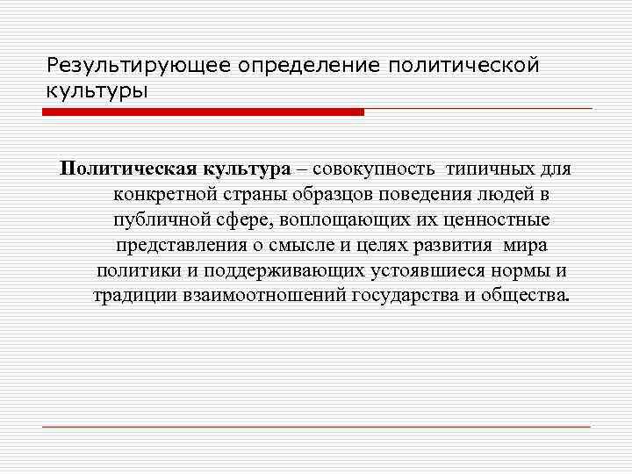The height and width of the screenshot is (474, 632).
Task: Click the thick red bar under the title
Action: pos(203,112)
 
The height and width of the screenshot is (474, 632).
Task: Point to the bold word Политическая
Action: pos(118,169)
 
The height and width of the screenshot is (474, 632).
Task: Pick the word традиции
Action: pos(133,294)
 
